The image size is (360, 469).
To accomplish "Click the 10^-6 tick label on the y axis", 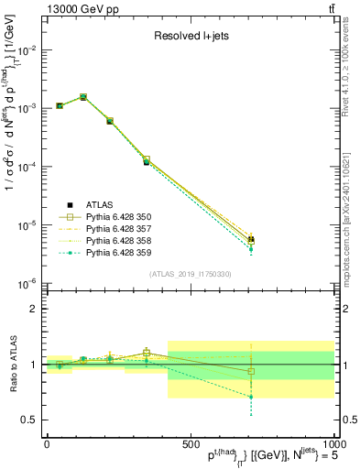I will click(27, 284).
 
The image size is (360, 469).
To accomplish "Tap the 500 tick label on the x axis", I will click(190, 443).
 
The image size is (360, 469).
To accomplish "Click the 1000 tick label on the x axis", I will click(328, 443).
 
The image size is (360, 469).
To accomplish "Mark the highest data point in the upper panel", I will click(83, 96).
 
